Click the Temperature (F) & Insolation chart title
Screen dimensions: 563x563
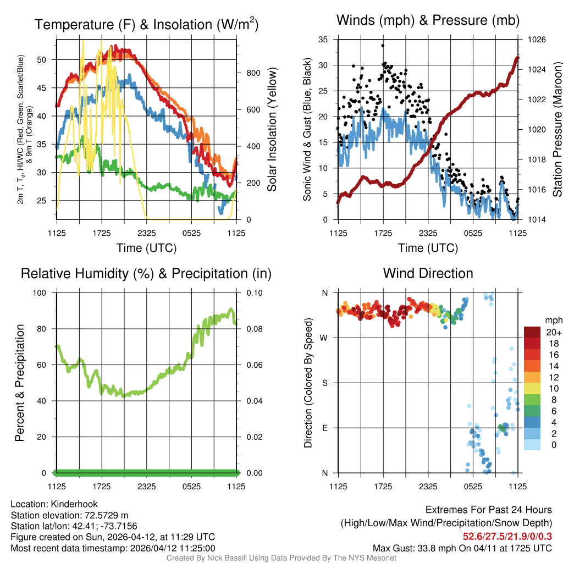[x=146, y=24]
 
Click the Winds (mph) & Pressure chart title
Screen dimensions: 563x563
[x=428, y=20]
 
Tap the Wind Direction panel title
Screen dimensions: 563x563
[x=428, y=273]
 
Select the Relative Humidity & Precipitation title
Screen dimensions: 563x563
[x=146, y=273]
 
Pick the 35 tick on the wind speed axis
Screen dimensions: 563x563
[x=324, y=40]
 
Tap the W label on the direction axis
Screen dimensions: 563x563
[x=324, y=338]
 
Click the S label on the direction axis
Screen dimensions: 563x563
[x=324, y=383]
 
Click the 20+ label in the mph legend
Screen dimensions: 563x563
[x=554, y=332]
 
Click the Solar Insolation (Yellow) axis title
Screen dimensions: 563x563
[x=272, y=130]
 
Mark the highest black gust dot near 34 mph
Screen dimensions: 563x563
[x=383, y=46]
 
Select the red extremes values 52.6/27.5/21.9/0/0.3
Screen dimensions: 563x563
[x=507, y=536]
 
